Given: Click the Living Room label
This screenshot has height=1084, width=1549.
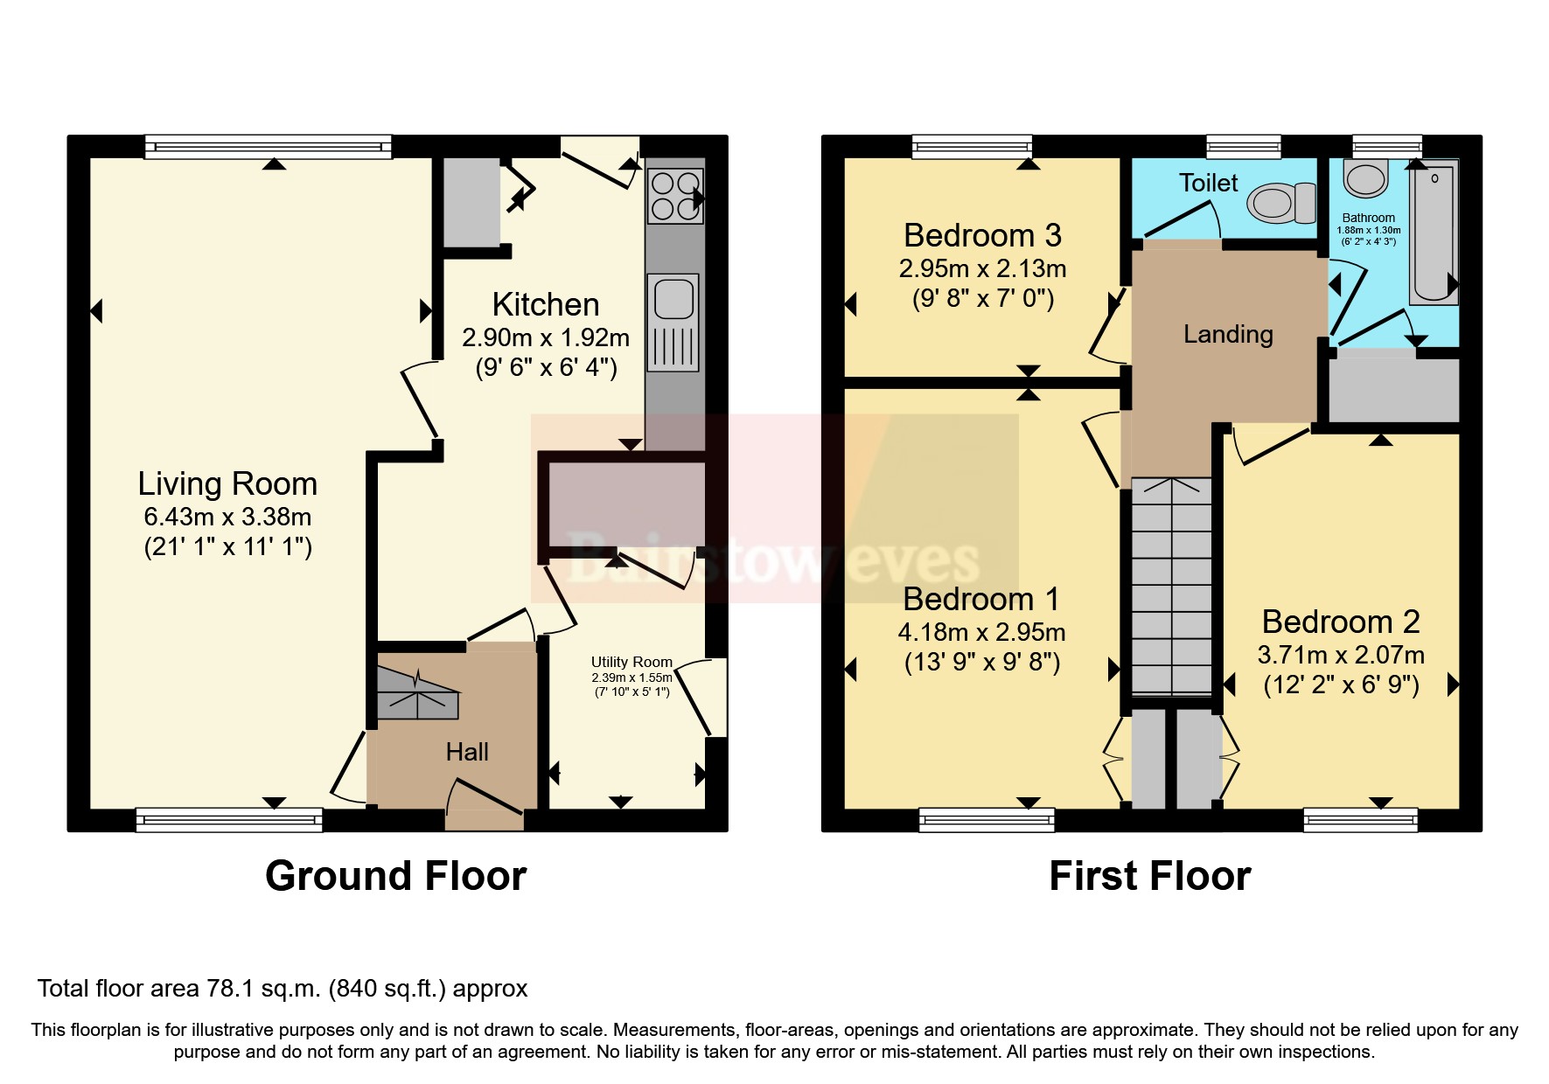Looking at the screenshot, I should coord(227,483).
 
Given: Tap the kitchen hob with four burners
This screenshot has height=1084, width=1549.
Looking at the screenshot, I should coord(674,196).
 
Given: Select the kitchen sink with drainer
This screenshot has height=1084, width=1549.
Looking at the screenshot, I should coord(673,321).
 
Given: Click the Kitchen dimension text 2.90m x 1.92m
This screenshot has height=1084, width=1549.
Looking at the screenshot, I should coord(546,337).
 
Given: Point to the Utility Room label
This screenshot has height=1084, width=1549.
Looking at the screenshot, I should coord(631,662).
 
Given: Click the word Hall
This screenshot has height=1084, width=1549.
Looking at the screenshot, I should coord(467,752).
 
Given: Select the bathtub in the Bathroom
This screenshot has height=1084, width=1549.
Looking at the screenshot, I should coord(1433,233).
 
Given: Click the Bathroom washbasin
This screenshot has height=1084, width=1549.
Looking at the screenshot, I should coord(1365,179).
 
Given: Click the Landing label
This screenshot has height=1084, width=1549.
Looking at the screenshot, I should coord(1228,334).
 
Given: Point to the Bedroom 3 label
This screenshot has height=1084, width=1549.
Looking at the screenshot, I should coord(982,235).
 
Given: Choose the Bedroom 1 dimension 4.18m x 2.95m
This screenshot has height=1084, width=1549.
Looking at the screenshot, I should coord(981,632).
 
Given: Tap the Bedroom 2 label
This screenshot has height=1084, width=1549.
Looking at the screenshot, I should coord(1340,622).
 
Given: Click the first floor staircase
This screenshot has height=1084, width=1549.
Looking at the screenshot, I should coord(1172,586).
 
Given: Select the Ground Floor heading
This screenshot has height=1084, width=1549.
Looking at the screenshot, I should coord(395,876).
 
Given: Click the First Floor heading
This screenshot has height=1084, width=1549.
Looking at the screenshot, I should coord(1149,876).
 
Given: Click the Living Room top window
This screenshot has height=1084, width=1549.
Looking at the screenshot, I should coord(268,147).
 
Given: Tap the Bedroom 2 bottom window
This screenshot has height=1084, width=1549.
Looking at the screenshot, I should coord(1360,820).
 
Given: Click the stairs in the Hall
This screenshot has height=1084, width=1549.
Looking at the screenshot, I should coord(417,694).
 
